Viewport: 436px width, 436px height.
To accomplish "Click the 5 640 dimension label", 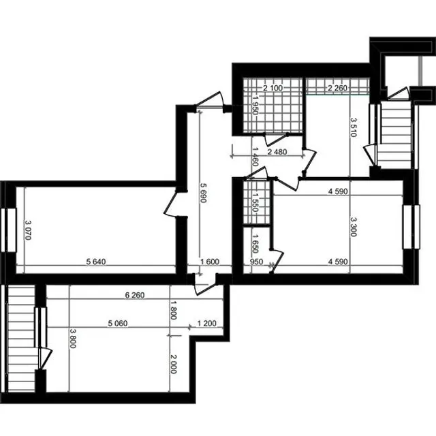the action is [x=96, y=262].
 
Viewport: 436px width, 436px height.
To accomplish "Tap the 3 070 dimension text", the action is [x=28, y=230].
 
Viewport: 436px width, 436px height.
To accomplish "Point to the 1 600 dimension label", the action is [x=210, y=262].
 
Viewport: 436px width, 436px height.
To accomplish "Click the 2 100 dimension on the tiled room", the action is [x=272, y=88].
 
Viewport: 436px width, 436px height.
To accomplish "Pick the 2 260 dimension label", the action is [x=338, y=88].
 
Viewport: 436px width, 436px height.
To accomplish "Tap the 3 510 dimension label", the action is [x=354, y=127].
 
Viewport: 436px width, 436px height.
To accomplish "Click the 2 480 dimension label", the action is [x=277, y=152].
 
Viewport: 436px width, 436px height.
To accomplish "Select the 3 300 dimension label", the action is [x=354, y=227].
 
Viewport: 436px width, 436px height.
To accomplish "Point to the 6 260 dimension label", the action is [x=135, y=295].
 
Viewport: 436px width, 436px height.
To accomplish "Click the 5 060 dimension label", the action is [x=118, y=324].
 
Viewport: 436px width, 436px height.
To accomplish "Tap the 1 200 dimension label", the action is [x=206, y=324].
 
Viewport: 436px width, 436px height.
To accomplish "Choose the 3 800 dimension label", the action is [x=73, y=339].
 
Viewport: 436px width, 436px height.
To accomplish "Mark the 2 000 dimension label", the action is [x=173, y=364].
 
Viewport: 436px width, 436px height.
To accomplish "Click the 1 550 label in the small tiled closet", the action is [x=255, y=202].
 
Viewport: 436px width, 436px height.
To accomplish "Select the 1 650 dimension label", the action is [x=255, y=243].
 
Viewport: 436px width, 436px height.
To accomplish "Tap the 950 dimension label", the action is [x=256, y=262].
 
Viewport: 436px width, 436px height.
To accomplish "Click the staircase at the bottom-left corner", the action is [x=21, y=339].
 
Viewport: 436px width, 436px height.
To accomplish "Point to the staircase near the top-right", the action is [x=396, y=134].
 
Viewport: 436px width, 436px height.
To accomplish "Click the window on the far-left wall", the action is [x=8, y=230].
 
